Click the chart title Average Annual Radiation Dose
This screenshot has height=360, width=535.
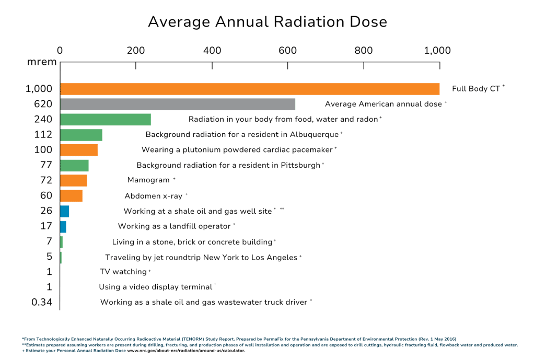tap(267, 22)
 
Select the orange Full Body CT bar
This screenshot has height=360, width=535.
tap(250, 88)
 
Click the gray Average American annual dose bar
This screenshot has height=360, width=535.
tap(178, 103)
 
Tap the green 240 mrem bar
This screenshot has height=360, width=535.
tap(106, 119)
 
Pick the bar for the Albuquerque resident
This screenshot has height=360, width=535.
tap(82, 135)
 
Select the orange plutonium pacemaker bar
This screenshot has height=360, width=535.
tap(79, 150)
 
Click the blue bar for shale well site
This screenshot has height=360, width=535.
tap(65, 211)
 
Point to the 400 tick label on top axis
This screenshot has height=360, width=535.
tap(212, 51)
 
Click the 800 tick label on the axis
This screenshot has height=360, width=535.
tap(364, 51)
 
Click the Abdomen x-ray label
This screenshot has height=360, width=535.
tap(154, 196)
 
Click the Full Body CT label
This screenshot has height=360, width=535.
tap(476, 89)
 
